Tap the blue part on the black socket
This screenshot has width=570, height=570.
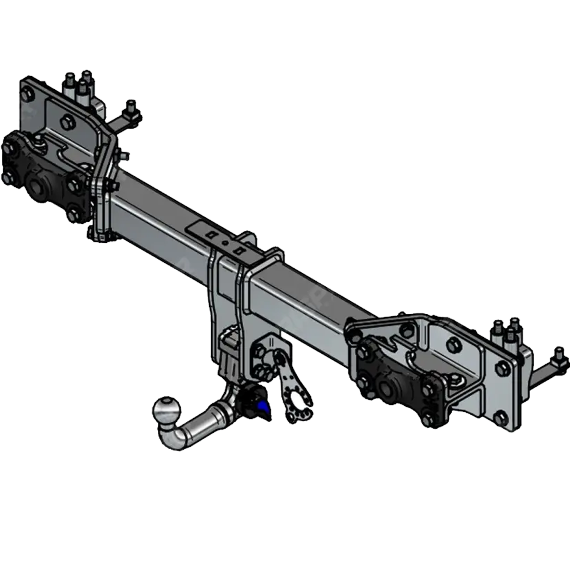(x=262, y=407)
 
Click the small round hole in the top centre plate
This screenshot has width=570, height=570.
(x=225, y=243)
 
